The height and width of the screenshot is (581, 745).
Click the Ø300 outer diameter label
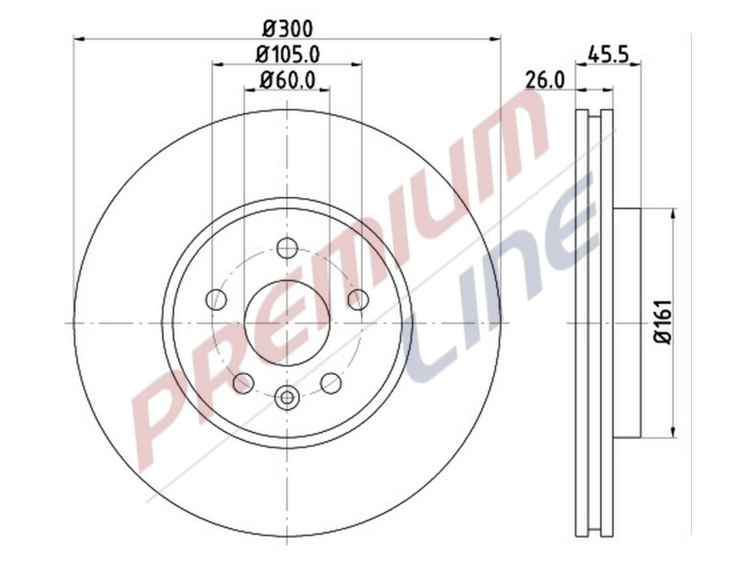coord(287,27)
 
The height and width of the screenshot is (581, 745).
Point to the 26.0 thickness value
coord(545,79)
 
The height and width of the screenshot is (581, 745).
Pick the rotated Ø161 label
coord(661,322)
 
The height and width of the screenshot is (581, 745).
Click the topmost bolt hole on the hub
coord(287,247)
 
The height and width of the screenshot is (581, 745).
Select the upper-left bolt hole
coord(216,299)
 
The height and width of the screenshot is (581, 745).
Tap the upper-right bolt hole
coord(358,299)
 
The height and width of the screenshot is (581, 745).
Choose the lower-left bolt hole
coord(243,382)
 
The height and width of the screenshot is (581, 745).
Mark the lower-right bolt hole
coord(331,382)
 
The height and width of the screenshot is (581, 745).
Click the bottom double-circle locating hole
coord(287,397)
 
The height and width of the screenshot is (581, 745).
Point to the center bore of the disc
coord(287,322)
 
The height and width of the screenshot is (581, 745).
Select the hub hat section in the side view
coord(627,322)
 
